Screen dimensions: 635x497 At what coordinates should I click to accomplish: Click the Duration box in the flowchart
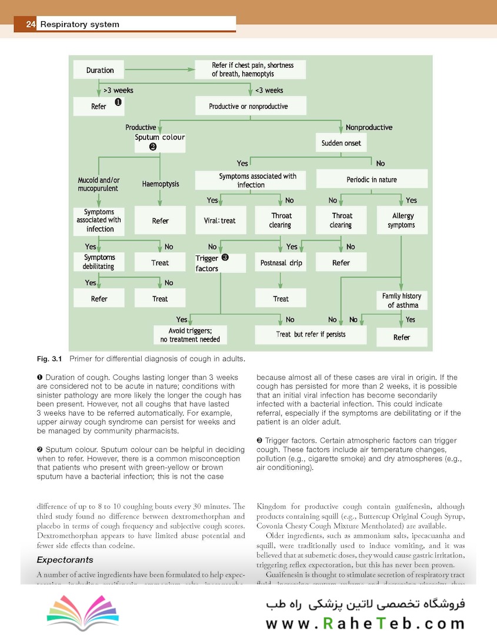(100, 71)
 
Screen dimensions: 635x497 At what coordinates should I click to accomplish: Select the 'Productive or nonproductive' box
(248, 106)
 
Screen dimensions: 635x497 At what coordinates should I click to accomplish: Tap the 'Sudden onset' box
(341, 143)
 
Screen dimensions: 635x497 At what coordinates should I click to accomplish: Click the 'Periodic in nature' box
(372, 179)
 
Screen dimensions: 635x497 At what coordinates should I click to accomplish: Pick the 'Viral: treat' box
(219, 220)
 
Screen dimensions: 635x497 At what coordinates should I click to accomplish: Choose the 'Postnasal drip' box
(281, 263)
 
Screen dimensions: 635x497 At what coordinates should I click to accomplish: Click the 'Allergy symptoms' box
(403, 220)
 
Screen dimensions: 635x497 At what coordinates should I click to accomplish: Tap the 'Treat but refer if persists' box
(311, 335)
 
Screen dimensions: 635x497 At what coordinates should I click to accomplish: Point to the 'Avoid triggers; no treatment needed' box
(190, 335)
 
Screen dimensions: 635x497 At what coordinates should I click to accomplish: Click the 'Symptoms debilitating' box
(99, 262)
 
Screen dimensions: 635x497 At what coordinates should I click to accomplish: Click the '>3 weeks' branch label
(118, 91)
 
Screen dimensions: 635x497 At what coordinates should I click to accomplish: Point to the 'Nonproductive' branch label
(369, 127)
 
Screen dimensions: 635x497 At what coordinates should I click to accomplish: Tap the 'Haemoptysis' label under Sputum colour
(161, 184)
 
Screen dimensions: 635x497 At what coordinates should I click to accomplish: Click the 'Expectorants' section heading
(65, 560)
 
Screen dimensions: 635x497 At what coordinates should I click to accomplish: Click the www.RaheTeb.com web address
(365, 623)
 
